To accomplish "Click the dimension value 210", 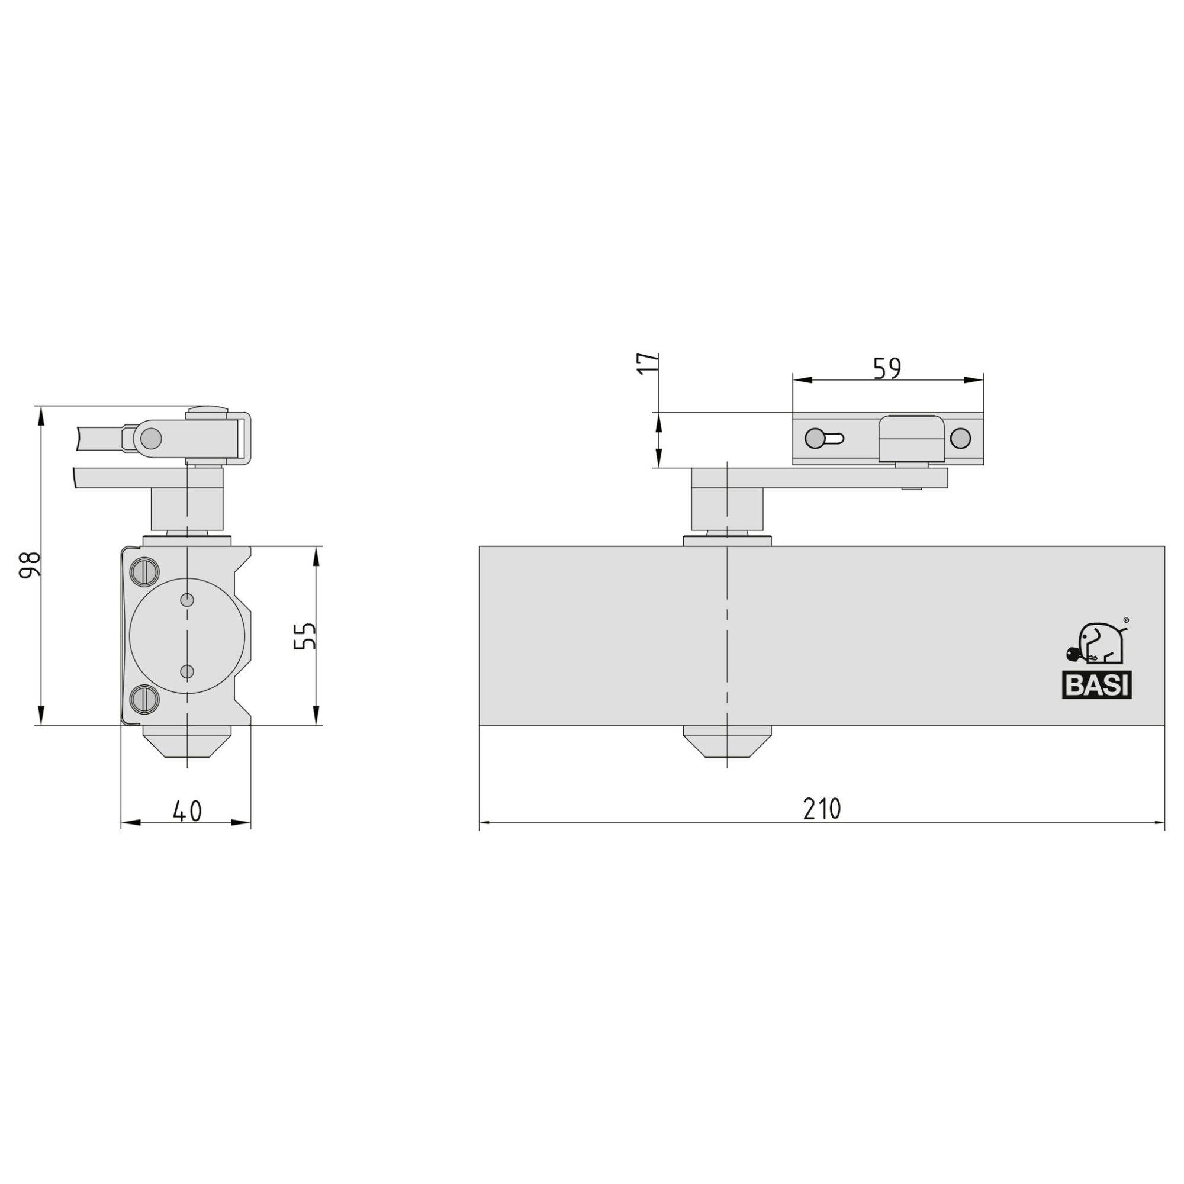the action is tap(822, 809).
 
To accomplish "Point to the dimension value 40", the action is tap(187, 811).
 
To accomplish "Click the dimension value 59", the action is tap(887, 368).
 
